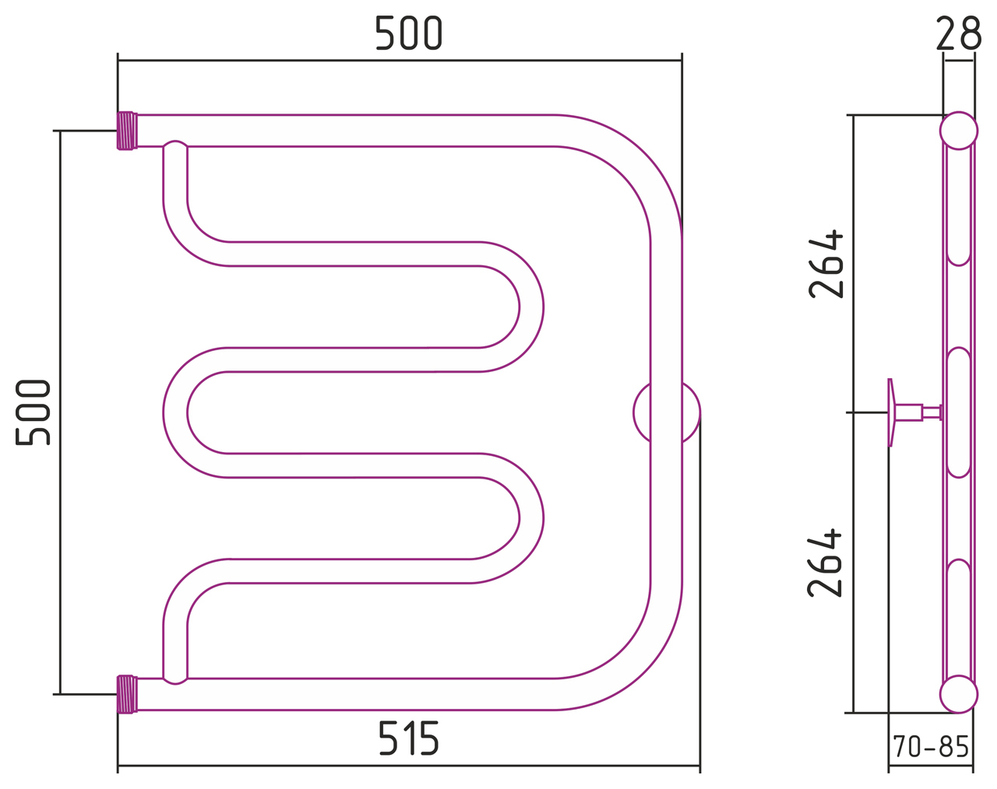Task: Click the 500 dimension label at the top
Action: [409, 33]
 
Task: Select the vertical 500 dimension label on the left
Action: [33, 412]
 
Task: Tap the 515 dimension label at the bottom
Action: [409, 738]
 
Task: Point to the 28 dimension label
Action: [958, 33]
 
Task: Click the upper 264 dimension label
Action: [826, 264]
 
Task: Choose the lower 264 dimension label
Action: [825, 563]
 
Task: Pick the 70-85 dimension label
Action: [931, 746]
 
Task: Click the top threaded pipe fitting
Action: [127, 131]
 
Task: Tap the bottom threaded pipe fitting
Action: [127, 694]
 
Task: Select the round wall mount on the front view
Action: [667, 412]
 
